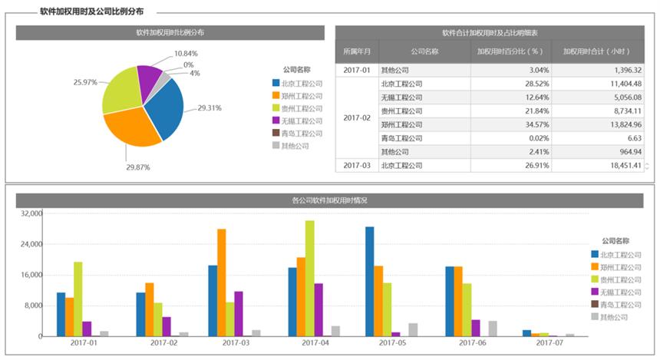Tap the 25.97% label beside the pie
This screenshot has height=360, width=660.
tap(84, 82)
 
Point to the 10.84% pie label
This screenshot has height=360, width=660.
tap(186, 54)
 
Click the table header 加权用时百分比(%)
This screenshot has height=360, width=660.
tap(510, 51)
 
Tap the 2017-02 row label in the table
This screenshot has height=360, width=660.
tap(356, 117)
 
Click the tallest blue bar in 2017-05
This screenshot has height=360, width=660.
tap(370, 282)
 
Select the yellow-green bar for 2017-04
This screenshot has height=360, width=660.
tap(309, 279)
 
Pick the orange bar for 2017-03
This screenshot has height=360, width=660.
tap(221, 282)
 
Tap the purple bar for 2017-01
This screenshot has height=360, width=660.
tap(87, 329)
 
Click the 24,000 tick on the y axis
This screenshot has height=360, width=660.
tap(31, 244)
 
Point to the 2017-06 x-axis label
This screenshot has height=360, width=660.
tap(470, 343)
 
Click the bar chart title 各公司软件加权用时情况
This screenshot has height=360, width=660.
tap(329, 200)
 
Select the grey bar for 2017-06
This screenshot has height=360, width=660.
tap(493, 329)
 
